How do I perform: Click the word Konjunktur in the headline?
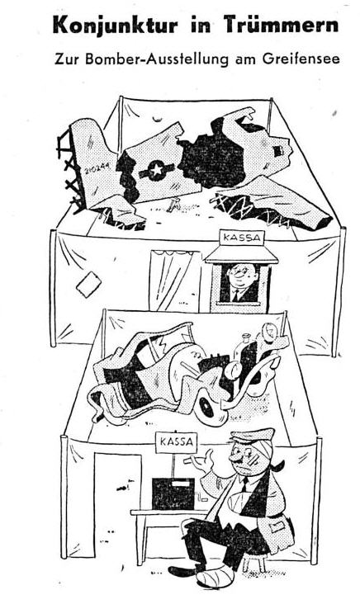click(115, 25)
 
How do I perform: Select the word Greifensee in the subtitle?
click(301, 59)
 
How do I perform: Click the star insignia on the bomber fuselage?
click(156, 170)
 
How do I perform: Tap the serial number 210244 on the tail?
click(97, 168)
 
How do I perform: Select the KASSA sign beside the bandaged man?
click(176, 441)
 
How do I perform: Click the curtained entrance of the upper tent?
click(175, 281)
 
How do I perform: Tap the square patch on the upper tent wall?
click(88, 284)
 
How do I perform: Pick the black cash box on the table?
click(173, 493)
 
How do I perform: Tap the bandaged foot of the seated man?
click(215, 577)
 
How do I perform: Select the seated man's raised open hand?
click(202, 462)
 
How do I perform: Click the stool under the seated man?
click(257, 559)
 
